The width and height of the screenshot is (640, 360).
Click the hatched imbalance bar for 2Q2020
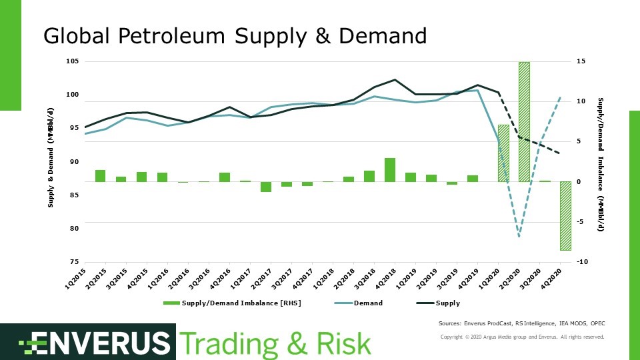coord(524,121)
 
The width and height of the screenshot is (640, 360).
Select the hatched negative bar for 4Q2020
coord(565,215)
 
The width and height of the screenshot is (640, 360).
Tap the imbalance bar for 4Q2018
coord(390,169)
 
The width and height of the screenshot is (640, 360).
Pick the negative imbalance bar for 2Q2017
coord(266,187)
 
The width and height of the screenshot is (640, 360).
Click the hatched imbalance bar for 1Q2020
coord(503,153)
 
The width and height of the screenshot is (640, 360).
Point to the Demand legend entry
coord(358,303)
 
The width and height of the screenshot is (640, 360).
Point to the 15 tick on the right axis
coord(581,61)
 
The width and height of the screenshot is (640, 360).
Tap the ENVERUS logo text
coord(93,343)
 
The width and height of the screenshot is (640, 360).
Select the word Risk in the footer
coord(339,343)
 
